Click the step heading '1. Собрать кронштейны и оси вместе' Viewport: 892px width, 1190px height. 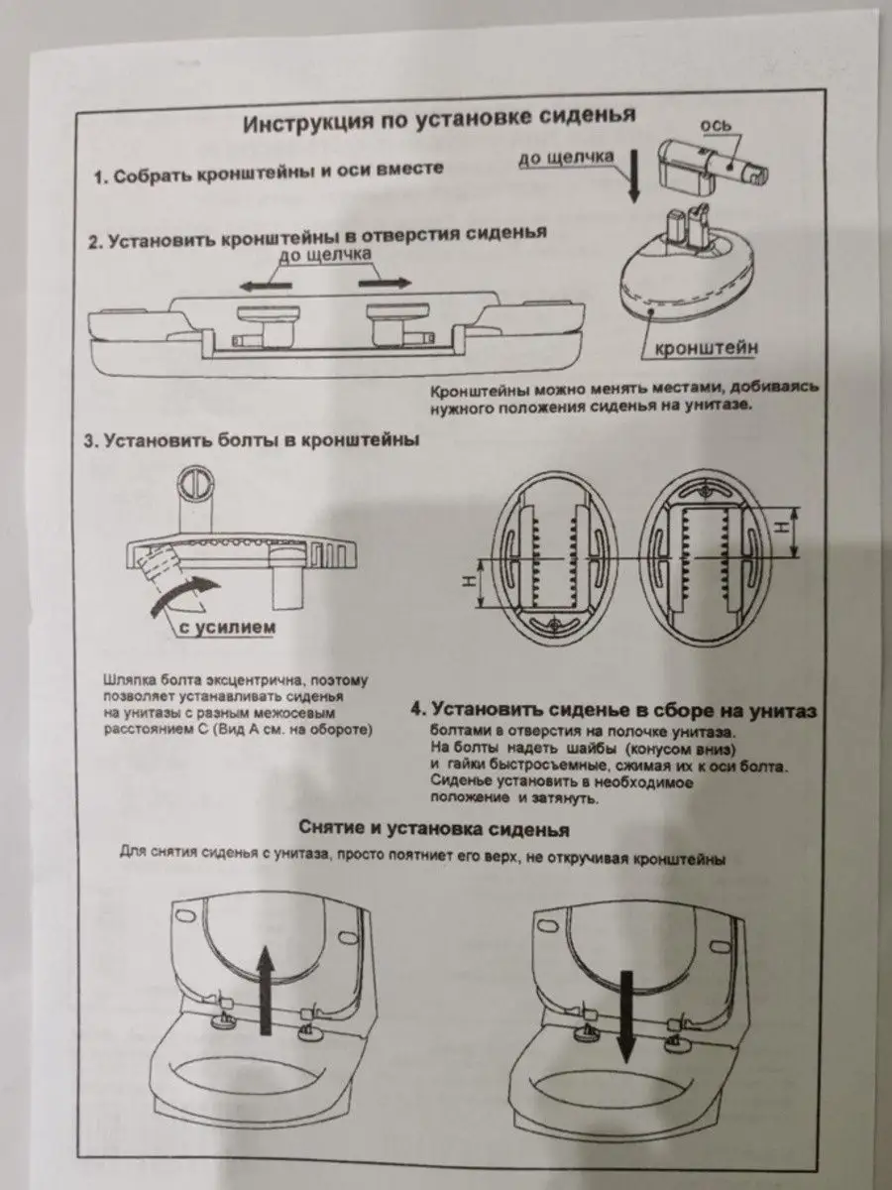[268, 175]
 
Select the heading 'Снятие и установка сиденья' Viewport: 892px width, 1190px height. [433, 828]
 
